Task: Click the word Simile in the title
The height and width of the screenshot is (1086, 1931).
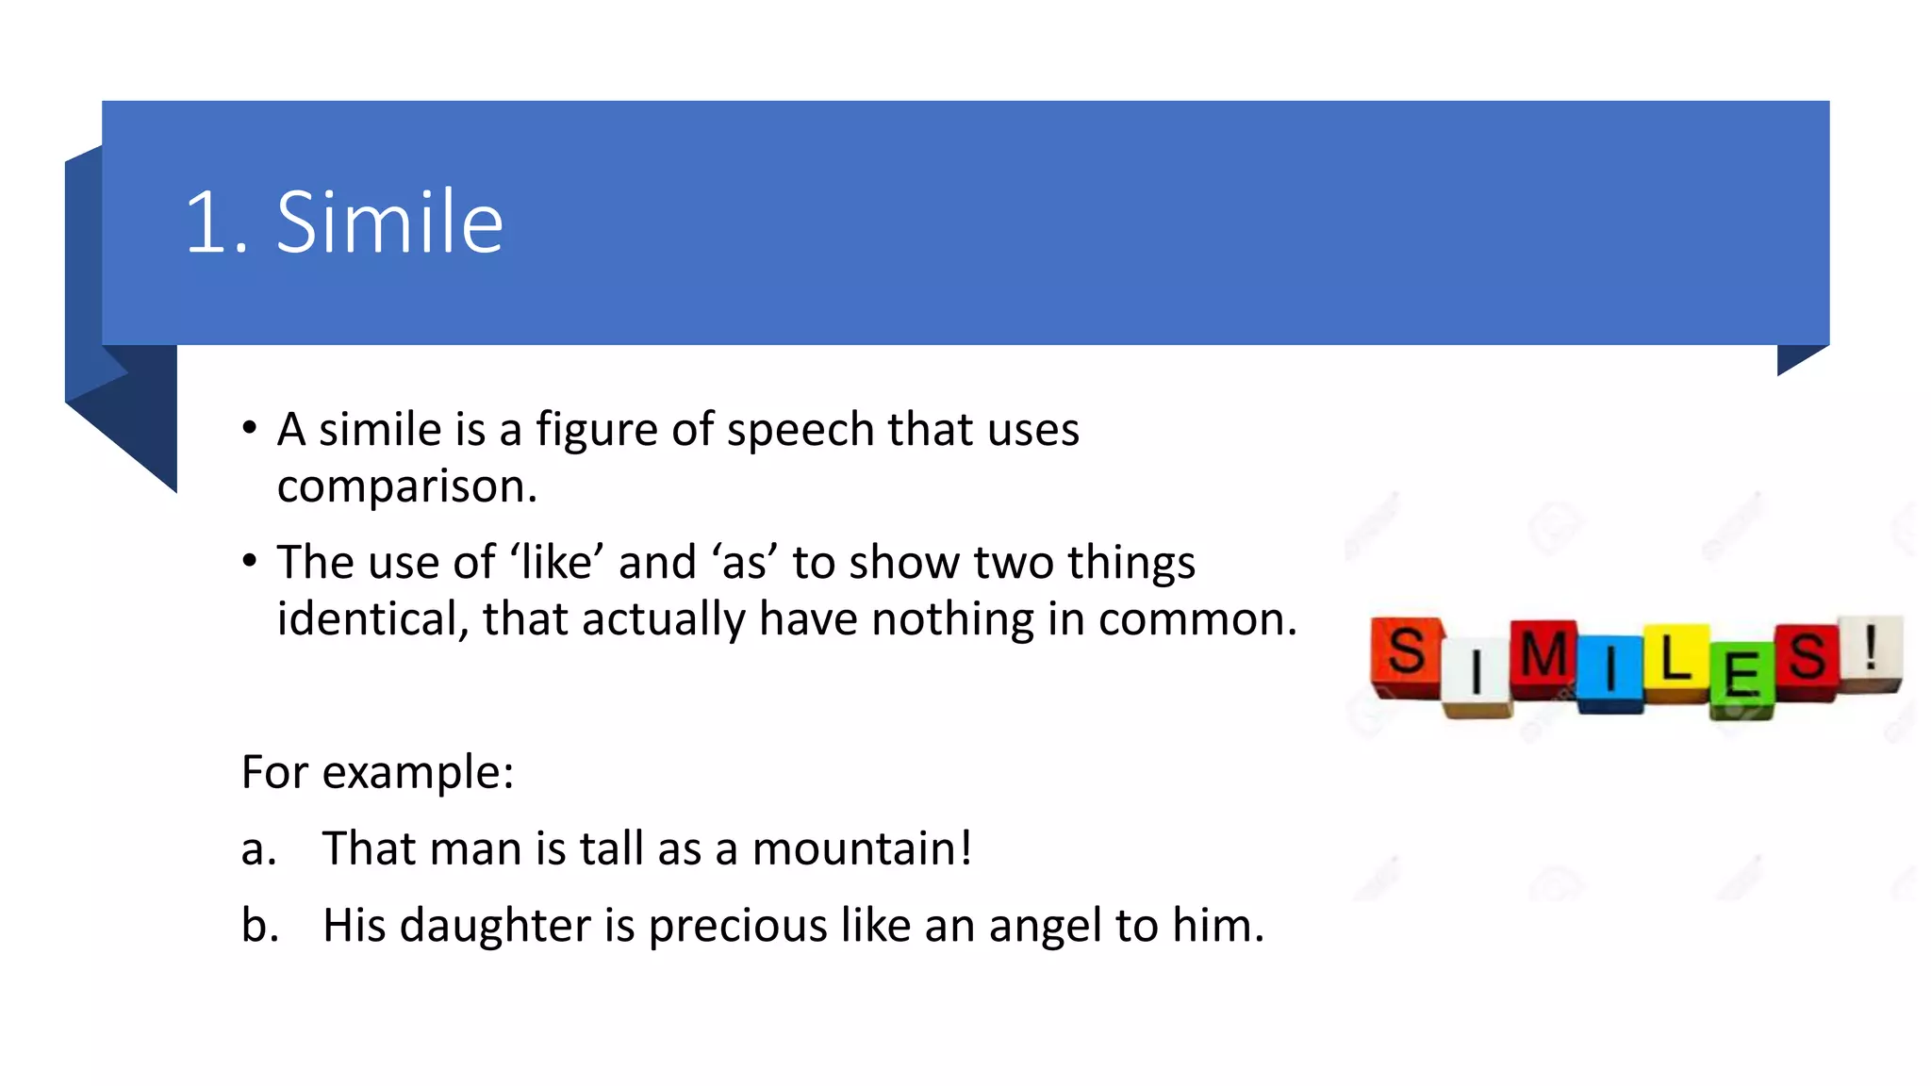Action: click(389, 222)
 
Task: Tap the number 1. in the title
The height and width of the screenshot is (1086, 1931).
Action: click(216, 224)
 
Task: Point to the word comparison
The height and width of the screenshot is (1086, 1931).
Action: click(406, 486)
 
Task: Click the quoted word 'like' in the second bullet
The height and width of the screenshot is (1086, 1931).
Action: click(557, 562)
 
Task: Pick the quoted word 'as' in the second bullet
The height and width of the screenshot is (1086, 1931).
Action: click(745, 563)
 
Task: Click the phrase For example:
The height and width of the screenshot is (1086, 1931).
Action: click(377, 772)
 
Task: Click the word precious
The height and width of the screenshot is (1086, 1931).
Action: click(737, 925)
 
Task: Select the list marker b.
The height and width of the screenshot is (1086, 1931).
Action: click(259, 925)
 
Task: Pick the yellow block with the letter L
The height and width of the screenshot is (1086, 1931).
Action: click(1675, 661)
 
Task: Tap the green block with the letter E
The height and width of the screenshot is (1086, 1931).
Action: click(1741, 677)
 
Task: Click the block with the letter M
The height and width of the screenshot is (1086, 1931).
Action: click(1543, 656)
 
